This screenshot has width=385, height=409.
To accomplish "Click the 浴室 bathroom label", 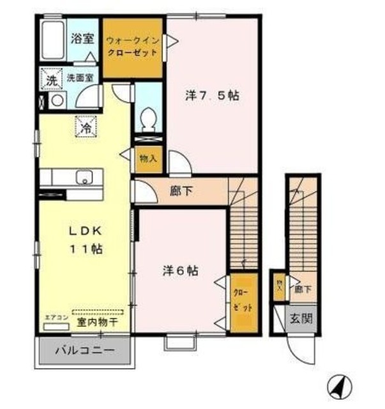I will [x=82, y=38].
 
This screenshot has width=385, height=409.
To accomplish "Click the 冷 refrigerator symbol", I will [x=86, y=127].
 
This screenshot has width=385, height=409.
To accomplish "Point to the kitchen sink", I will [x=84, y=177].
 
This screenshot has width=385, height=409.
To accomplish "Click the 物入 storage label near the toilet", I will [x=147, y=157].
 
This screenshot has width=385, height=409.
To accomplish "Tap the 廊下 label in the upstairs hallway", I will [x=179, y=190].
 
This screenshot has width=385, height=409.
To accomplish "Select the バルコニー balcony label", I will [x=84, y=350].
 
